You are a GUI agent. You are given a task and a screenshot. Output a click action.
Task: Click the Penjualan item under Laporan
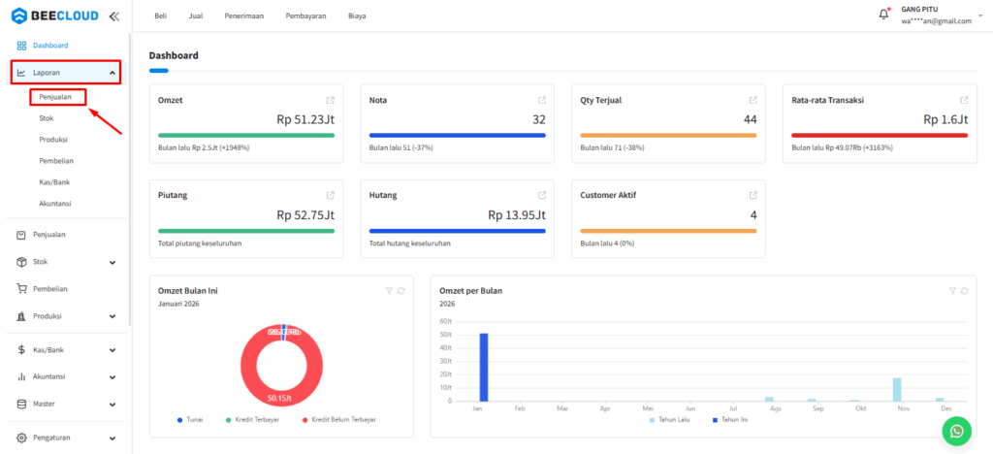pos(56,97)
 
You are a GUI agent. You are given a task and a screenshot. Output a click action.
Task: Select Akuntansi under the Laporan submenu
pos(54,204)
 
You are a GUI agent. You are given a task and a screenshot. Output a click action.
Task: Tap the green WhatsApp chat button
pos(957,431)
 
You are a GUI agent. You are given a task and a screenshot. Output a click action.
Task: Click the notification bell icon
pos(883,15)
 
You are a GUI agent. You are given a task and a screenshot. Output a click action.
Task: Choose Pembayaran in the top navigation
pos(305,16)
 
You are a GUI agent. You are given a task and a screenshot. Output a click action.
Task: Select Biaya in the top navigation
pos(357,16)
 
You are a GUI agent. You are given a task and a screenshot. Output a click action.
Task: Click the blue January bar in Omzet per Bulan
pos(484,367)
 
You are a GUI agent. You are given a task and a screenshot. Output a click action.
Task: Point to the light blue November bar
pos(897,389)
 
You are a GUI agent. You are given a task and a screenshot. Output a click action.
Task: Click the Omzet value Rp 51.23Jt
pos(305,119)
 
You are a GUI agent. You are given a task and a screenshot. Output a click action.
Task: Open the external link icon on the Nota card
pos(542,100)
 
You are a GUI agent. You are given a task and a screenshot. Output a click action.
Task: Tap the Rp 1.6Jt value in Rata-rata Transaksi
pos(945,119)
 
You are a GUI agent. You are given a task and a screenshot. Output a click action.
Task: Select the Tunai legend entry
pos(191,419)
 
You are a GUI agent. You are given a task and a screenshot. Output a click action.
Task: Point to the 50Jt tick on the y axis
pos(446,335)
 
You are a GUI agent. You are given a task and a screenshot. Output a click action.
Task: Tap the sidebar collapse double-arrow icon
pos(114,16)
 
